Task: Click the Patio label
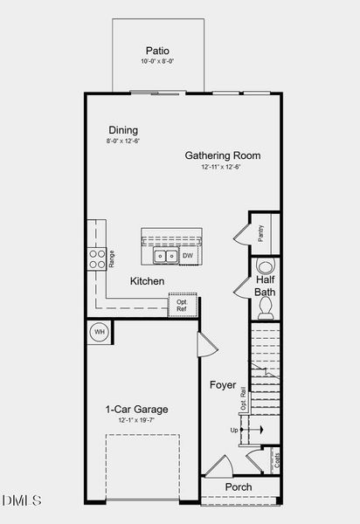click(157, 51)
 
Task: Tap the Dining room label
click(123, 129)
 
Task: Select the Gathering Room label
click(222, 155)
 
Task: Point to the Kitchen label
click(148, 281)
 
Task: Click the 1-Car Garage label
click(136, 409)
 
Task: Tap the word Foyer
click(223, 384)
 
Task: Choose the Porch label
click(239, 486)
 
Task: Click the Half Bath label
click(265, 286)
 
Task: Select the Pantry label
click(260, 234)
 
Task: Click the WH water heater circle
click(99, 332)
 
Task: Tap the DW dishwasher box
click(188, 255)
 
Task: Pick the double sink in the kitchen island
click(165, 256)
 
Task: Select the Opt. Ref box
click(182, 305)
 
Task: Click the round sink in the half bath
click(266, 267)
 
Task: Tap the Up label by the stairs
click(234, 431)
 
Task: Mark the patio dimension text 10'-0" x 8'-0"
click(157, 62)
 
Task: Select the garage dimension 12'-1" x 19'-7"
click(136, 421)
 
